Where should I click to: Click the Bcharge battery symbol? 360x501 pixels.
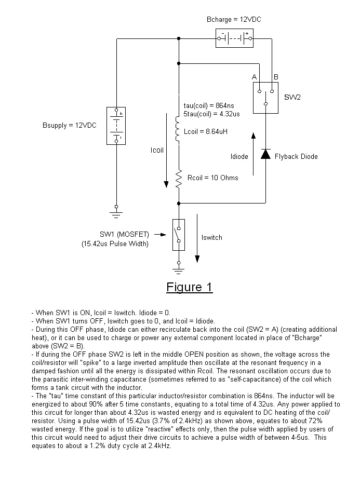pyautogui.click(x=234, y=38)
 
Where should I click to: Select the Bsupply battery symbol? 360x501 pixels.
pyautogui.click(x=116, y=126)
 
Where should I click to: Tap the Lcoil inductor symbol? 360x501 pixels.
pyautogui.click(x=178, y=129)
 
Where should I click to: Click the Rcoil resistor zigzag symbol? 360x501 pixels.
pyautogui.click(x=179, y=179)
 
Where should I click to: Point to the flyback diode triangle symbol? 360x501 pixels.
pyautogui.click(x=265, y=154)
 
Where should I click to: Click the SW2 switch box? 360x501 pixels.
pyautogui.click(x=265, y=98)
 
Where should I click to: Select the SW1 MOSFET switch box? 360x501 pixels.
pyautogui.click(x=179, y=235)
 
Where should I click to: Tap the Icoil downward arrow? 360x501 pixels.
pyautogui.click(x=166, y=150)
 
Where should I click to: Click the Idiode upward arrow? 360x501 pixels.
pyautogui.click(x=254, y=154)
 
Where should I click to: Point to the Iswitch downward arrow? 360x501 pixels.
pyautogui.click(x=197, y=238)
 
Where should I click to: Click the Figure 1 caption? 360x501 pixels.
pyautogui.click(x=189, y=287)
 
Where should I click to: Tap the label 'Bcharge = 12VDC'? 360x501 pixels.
pyautogui.click(x=234, y=20)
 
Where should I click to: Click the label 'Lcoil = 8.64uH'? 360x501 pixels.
pyautogui.click(x=206, y=131)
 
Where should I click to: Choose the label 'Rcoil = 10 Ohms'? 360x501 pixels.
pyautogui.click(x=212, y=178)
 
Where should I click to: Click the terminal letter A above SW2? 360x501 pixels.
pyautogui.click(x=254, y=77)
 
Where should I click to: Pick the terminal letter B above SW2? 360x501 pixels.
pyautogui.click(x=276, y=77)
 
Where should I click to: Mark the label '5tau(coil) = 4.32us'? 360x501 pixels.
pyautogui.click(x=211, y=114)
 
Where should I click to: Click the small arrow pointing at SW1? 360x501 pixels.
pyautogui.click(x=160, y=235)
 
